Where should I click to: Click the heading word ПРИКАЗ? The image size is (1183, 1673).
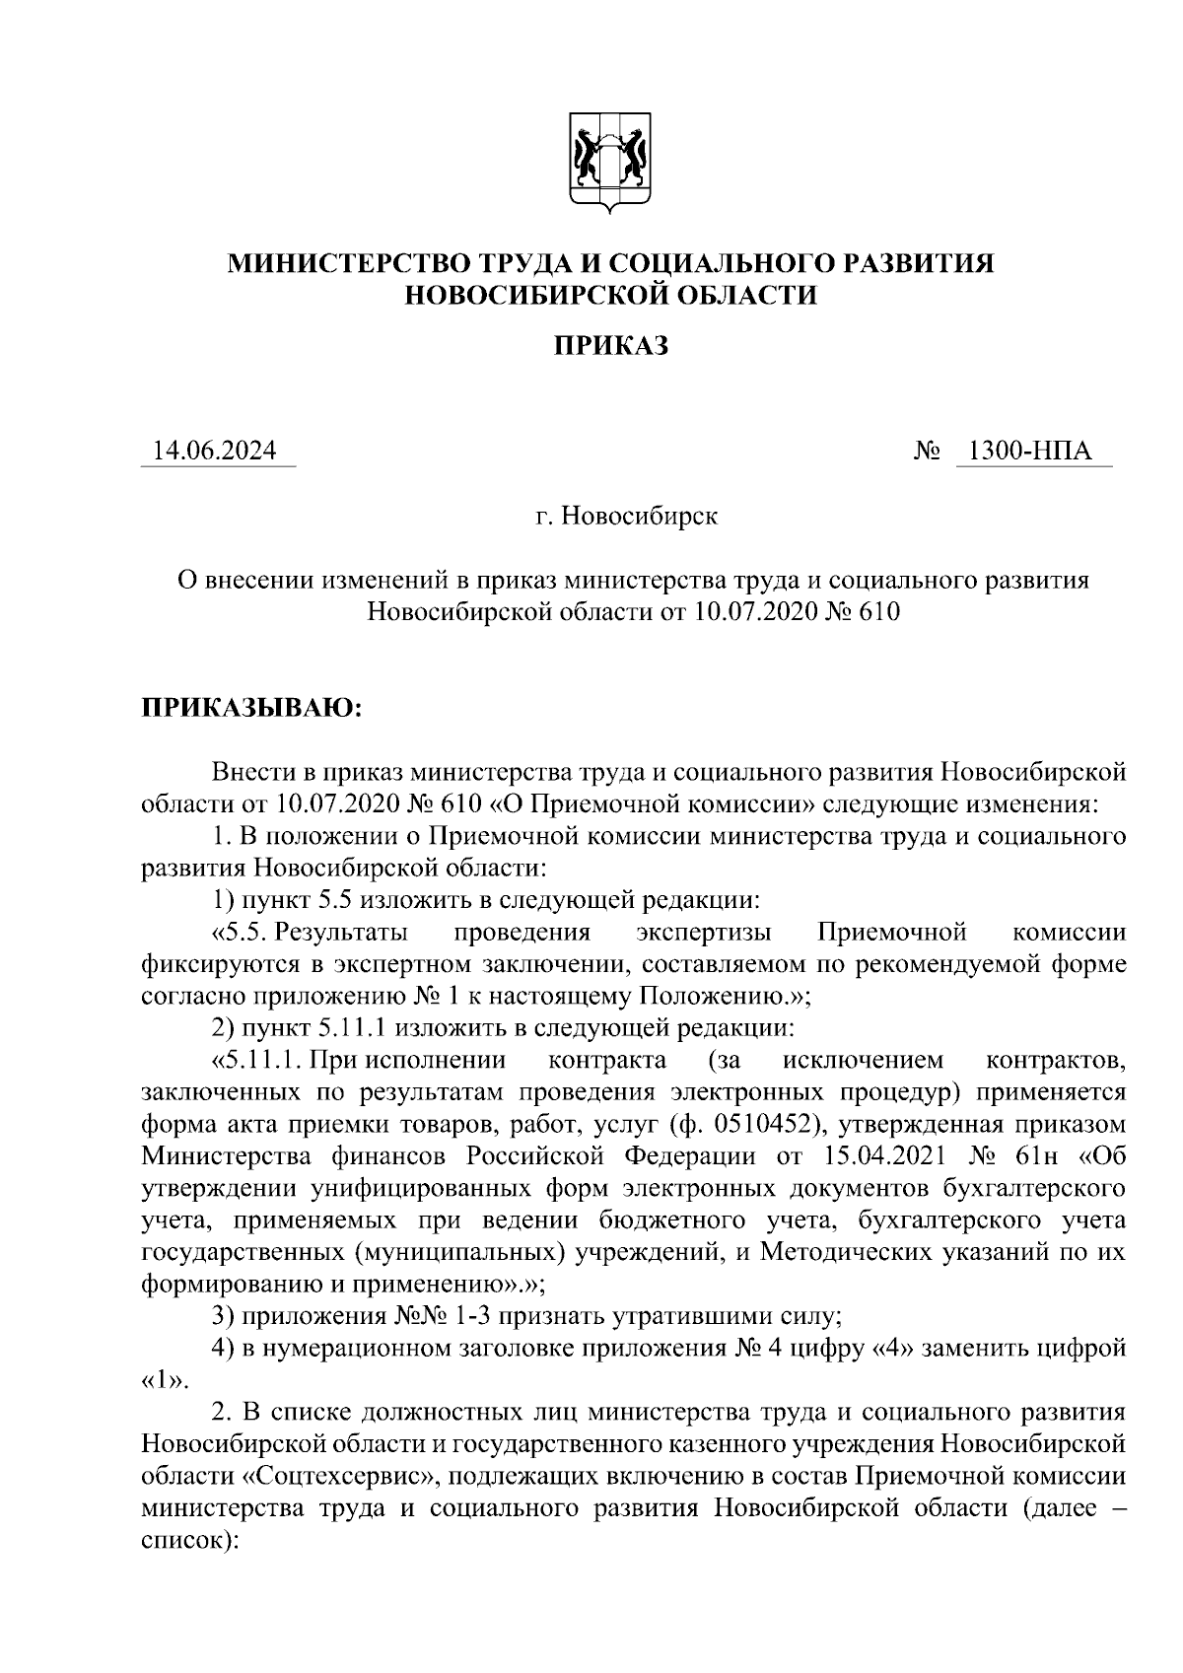[610, 345]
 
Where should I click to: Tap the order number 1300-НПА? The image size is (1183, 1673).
[1030, 452]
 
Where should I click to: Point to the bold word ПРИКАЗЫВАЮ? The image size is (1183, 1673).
[251, 709]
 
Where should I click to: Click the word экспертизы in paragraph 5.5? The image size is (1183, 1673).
[704, 932]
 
